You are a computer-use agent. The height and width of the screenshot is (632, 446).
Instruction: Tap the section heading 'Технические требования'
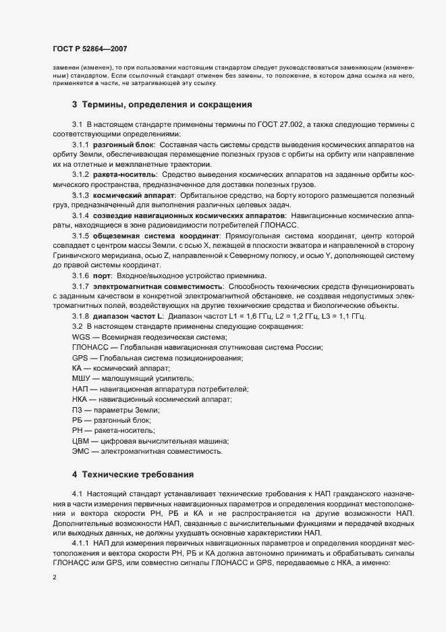point(138,473)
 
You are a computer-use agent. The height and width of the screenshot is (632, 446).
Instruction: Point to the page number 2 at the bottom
point(54,578)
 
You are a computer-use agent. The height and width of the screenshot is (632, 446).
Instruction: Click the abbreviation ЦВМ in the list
point(82,440)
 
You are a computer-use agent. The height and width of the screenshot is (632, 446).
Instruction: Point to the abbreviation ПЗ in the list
point(78,410)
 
